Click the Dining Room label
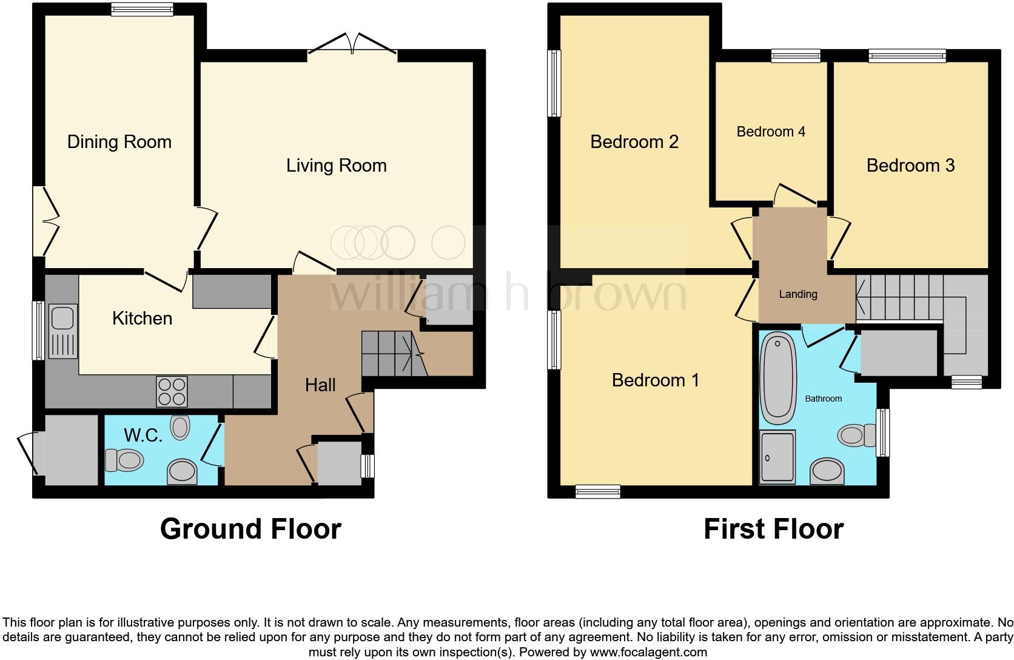(x=119, y=142)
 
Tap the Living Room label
(x=336, y=166)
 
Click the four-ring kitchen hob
(x=172, y=392)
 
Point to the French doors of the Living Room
(x=352, y=46)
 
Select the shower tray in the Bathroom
(x=777, y=458)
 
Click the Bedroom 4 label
(x=771, y=132)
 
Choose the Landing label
(x=797, y=294)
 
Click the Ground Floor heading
(x=250, y=529)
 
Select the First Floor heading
(x=773, y=529)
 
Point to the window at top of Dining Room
(x=143, y=9)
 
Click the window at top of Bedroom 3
(x=907, y=56)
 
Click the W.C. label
(x=143, y=435)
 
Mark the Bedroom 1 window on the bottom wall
(x=597, y=491)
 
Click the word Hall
(x=320, y=385)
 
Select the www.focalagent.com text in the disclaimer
(x=648, y=653)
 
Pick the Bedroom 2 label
(x=634, y=142)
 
